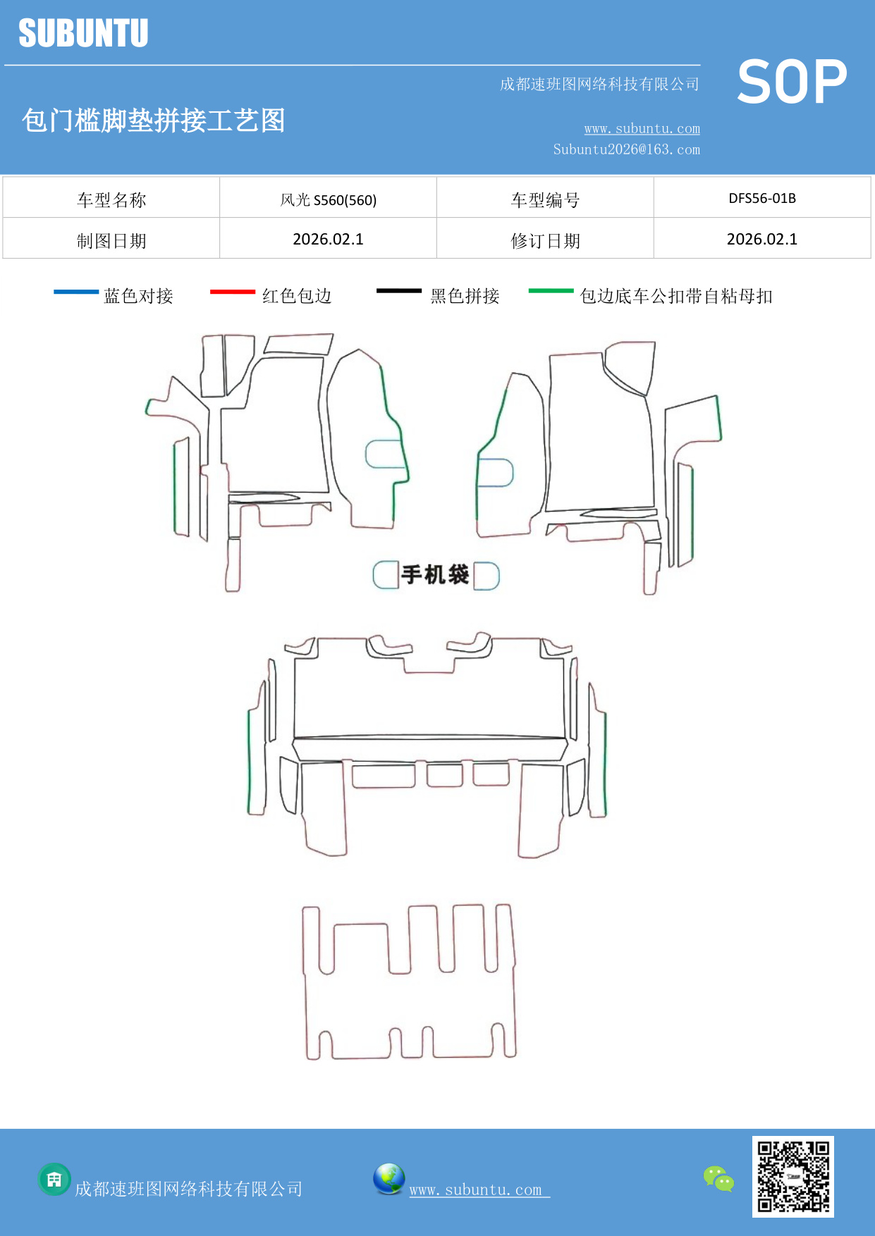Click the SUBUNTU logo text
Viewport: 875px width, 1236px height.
[x=83, y=33]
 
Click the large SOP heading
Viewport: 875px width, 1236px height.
[x=792, y=82]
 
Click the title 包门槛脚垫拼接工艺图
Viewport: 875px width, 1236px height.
[x=153, y=120]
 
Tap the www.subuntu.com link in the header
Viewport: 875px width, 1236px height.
[x=642, y=128]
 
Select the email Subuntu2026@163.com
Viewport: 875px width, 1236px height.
[x=626, y=149]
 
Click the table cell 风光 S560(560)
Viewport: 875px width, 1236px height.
[x=328, y=199]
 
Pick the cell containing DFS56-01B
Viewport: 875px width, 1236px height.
[x=761, y=198]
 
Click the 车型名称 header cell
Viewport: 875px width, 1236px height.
[x=111, y=199]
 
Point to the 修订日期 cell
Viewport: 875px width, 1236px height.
[x=545, y=240]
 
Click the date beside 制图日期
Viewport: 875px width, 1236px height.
[x=328, y=239]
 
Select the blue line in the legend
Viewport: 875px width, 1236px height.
[x=76, y=291]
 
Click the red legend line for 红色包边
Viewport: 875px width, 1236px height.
[x=232, y=291]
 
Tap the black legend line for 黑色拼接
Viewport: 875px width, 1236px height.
[x=398, y=290]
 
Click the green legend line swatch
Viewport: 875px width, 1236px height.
[x=551, y=290]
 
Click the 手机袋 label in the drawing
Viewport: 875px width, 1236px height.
[x=435, y=574]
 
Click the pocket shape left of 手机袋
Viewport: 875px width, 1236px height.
[x=385, y=575]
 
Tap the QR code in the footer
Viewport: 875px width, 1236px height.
[x=793, y=1176]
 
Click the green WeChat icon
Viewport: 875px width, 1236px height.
[x=718, y=1178]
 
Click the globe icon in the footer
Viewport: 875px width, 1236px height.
[x=388, y=1178]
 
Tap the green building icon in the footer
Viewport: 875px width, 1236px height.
[x=54, y=1179]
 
